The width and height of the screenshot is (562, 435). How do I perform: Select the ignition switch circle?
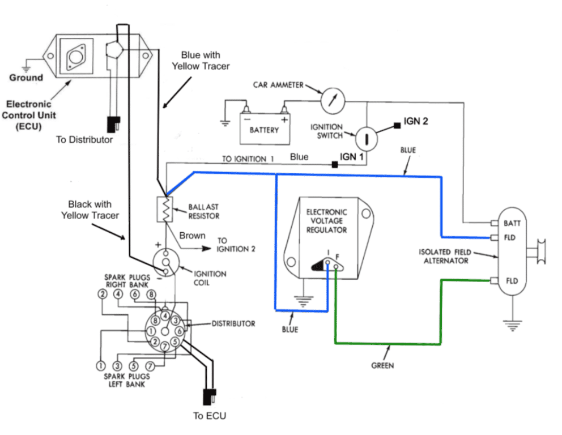click(x=366, y=137)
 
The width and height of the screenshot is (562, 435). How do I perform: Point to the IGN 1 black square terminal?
click(x=335, y=164)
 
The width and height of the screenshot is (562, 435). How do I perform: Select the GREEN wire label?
click(x=382, y=365)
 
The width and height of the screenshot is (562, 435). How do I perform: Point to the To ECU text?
click(x=209, y=416)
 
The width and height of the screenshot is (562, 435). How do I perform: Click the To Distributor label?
click(x=84, y=139)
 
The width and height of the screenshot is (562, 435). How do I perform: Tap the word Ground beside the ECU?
click(x=26, y=78)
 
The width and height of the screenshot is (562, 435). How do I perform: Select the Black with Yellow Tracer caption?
click(x=90, y=210)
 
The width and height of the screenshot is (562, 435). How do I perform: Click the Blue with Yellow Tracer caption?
click(x=201, y=61)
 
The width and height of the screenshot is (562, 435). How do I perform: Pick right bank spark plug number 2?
click(x=102, y=294)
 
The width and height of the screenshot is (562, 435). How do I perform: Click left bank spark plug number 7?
click(x=151, y=365)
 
